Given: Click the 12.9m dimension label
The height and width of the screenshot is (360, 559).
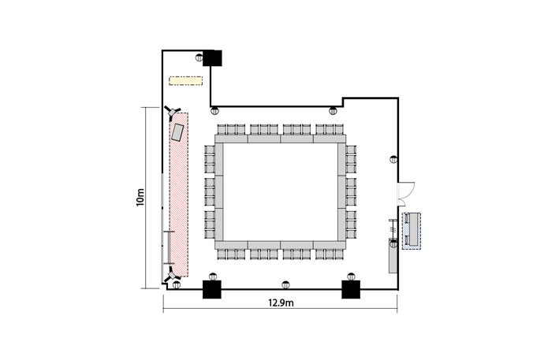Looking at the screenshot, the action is (281, 302).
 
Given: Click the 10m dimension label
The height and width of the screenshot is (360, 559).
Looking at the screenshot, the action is (140, 197).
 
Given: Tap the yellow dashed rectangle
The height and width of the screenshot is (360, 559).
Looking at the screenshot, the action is (185, 81).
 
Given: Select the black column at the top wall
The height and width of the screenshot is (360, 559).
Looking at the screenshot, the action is (212, 58).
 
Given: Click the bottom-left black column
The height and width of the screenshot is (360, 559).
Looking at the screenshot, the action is (212, 289).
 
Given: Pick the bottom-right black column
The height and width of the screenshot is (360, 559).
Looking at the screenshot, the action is (351, 289).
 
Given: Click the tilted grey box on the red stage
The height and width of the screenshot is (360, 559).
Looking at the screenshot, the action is (177, 132).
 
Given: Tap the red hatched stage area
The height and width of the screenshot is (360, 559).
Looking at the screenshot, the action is (179, 195).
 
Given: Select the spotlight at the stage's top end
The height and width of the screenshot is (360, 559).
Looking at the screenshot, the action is (173, 111).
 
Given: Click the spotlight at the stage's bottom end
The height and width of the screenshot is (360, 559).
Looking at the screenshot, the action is (172, 274).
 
